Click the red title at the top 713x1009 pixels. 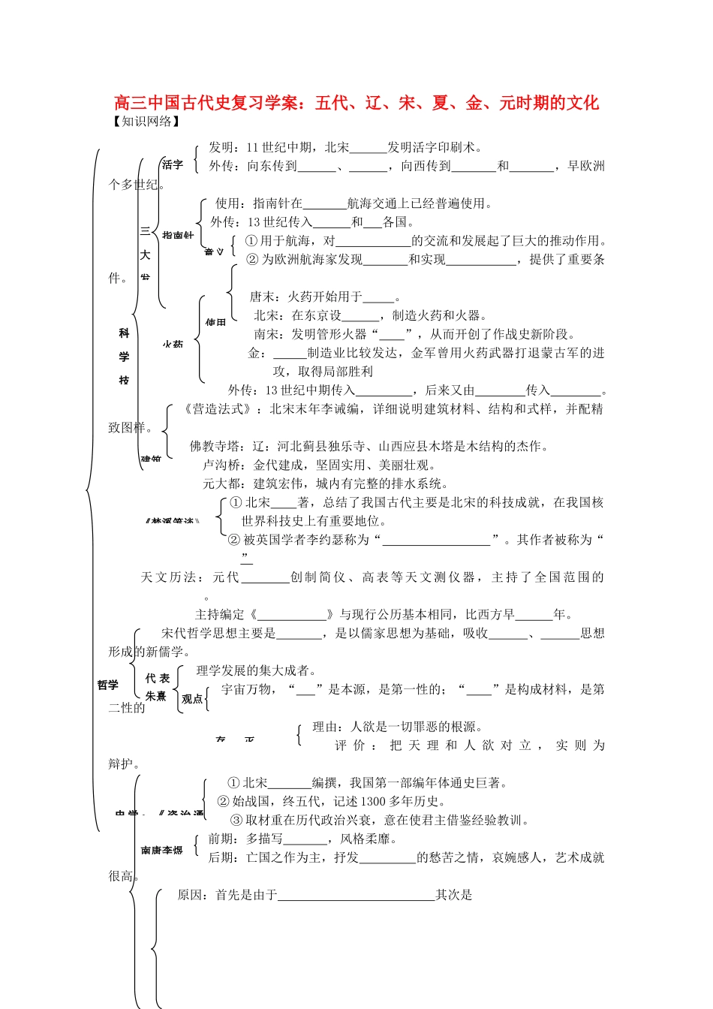point(356,103)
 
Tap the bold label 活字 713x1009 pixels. point(173,164)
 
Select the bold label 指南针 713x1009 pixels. point(178,235)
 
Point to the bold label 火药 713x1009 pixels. point(173,344)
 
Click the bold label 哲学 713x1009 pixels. point(108,685)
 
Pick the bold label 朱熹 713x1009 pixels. point(156,697)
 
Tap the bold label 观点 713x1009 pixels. point(192,699)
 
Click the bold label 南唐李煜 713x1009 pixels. point(161,851)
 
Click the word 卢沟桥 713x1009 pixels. point(221,465)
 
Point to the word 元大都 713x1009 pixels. point(221,484)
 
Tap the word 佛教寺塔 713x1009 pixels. point(214,447)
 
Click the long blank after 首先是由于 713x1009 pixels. point(356,896)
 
